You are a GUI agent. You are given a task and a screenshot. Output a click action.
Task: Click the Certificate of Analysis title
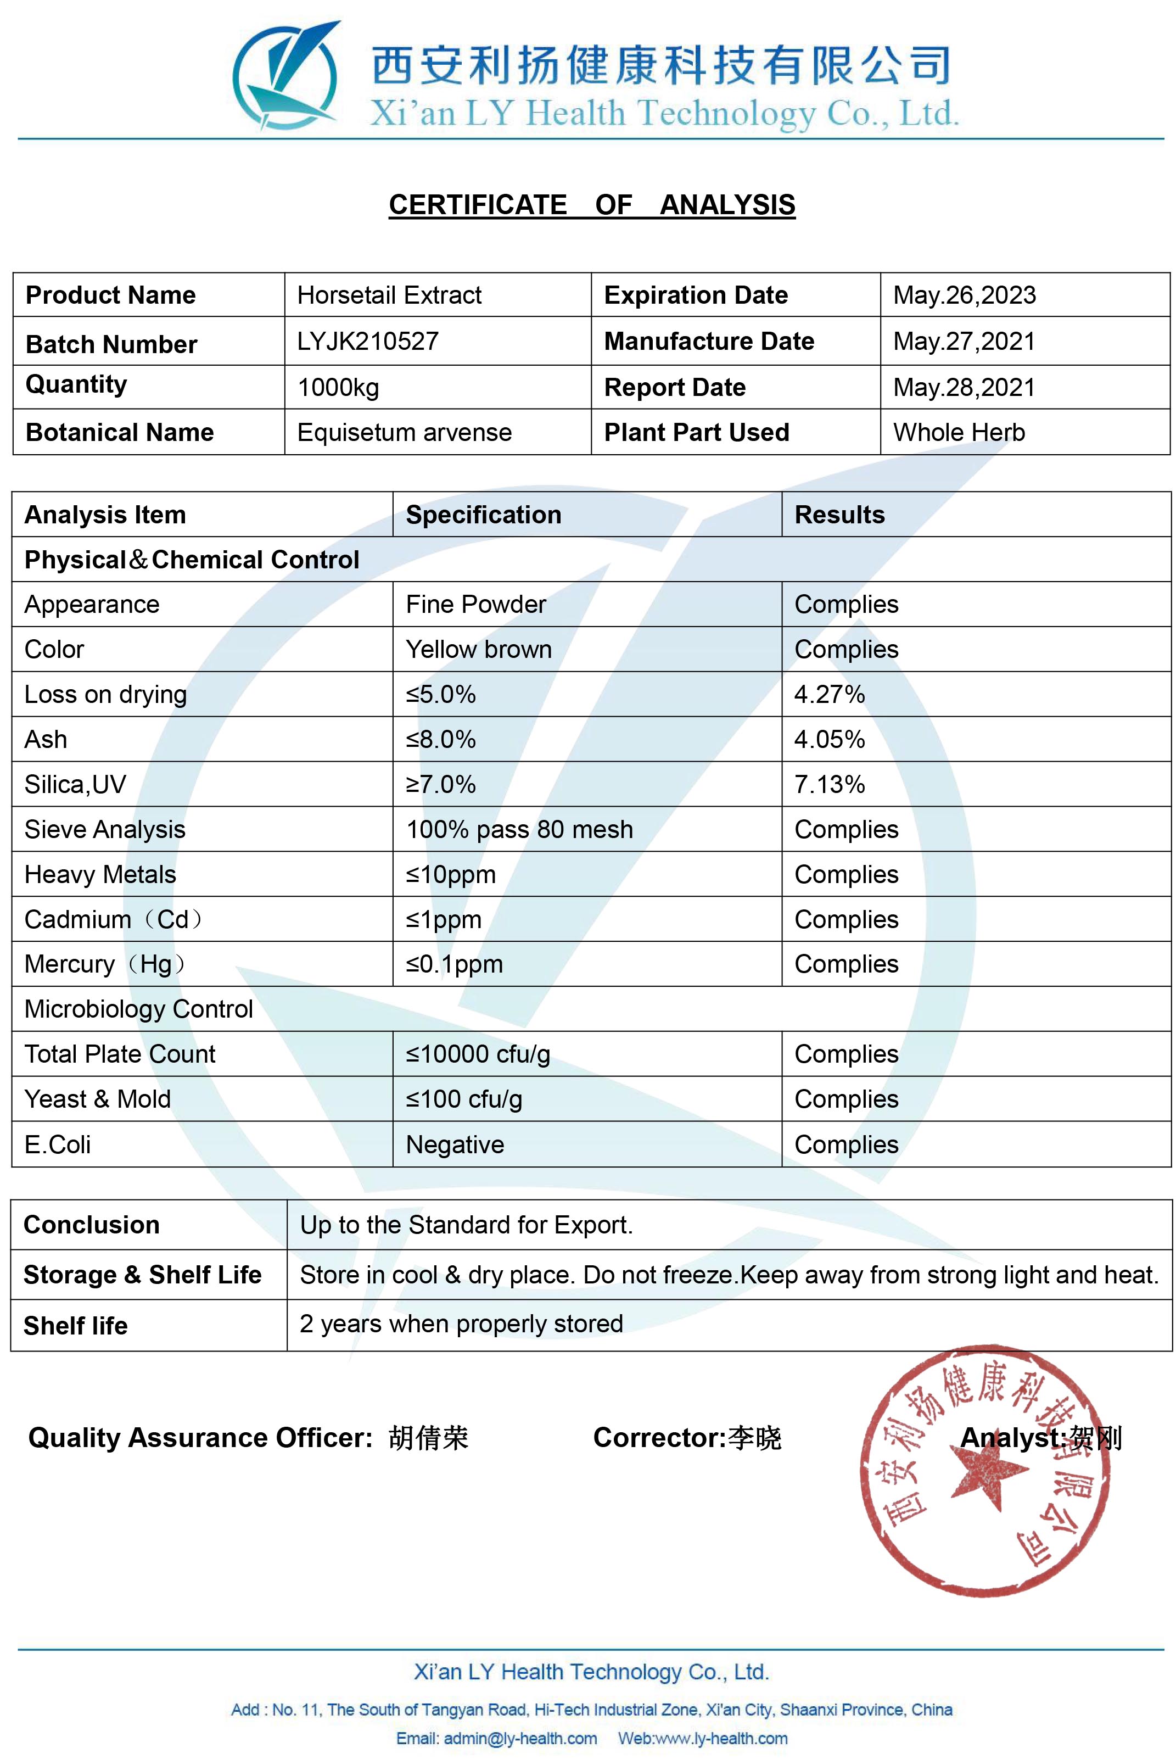[x=592, y=205]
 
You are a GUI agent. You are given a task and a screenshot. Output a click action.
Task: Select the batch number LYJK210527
[x=367, y=341]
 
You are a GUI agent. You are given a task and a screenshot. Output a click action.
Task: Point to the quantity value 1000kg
[x=338, y=387]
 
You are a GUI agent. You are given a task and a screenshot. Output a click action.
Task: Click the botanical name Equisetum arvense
[x=404, y=432]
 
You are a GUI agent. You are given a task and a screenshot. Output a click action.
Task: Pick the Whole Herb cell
[x=959, y=432]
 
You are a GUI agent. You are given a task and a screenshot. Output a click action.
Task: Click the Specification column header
[x=483, y=515]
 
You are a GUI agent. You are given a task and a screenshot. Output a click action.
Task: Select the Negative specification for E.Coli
[x=455, y=1144]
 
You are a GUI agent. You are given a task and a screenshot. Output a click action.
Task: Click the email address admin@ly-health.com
[x=520, y=1738]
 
